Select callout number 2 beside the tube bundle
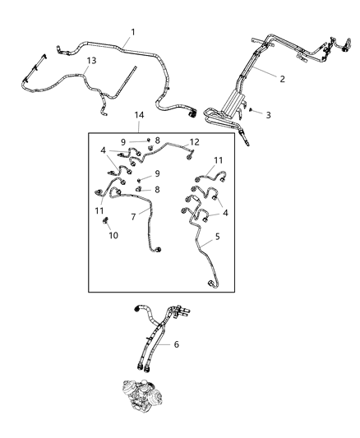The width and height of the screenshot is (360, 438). tap(282, 79)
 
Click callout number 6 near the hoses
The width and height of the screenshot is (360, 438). tap(176, 344)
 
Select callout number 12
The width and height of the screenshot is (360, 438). tap(194, 141)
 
